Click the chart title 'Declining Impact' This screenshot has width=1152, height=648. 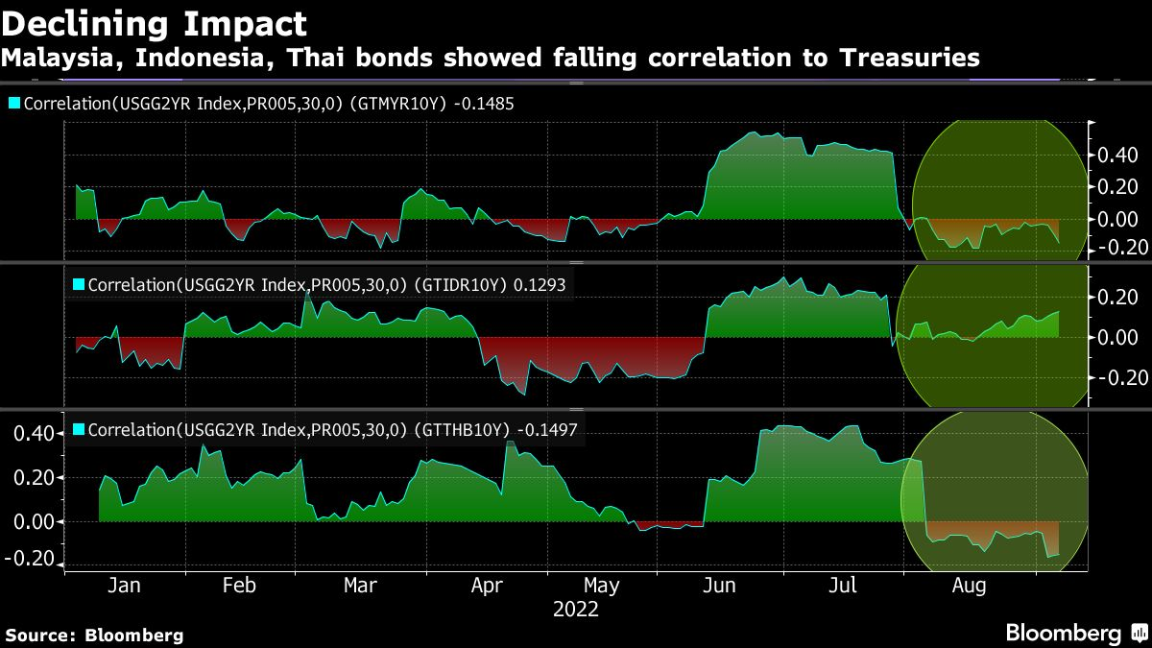tap(155, 23)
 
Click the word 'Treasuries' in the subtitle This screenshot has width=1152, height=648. tap(910, 58)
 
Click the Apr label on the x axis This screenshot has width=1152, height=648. tap(489, 586)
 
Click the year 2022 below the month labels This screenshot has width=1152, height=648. tap(576, 610)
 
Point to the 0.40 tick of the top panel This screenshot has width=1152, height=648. tap(1118, 156)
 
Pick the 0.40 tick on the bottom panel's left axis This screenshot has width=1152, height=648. tap(31, 434)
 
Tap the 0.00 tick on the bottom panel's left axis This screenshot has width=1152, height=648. tap(31, 521)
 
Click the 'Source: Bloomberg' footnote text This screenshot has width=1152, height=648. tap(93, 635)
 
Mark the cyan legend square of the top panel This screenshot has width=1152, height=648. tap(14, 103)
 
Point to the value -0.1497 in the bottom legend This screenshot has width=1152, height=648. tap(547, 431)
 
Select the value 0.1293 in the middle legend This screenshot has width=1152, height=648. tap(544, 285)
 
